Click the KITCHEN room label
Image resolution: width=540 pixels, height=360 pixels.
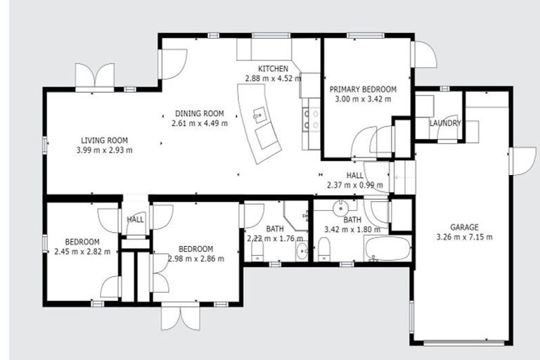(x=273, y=68)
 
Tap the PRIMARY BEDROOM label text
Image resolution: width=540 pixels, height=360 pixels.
(x=363, y=89)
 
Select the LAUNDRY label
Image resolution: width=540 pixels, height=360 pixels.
(x=446, y=123)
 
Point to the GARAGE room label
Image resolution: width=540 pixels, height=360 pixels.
(x=464, y=227)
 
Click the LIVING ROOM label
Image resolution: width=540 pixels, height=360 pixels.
(x=104, y=140)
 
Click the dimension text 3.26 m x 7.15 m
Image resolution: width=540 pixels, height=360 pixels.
(x=464, y=237)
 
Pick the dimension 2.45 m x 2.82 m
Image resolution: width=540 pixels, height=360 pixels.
(x=82, y=252)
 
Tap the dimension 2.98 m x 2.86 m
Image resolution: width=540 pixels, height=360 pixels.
(x=196, y=258)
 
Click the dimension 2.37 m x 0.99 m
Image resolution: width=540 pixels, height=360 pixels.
(x=354, y=186)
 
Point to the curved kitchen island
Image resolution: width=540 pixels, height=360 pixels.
(x=260, y=123)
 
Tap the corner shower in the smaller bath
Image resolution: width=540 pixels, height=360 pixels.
(x=297, y=214)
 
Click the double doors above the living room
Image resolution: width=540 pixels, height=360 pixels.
(x=95, y=75)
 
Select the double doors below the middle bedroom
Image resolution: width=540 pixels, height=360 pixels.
(x=175, y=317)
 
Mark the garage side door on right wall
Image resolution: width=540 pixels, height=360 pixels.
(x=522, y=160)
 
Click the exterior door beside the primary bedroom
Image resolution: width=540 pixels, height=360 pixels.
(x=424, y=55)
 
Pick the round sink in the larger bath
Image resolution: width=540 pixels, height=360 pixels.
(x=341, y=208)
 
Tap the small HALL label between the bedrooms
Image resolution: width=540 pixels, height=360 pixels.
(x=135, y=219)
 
